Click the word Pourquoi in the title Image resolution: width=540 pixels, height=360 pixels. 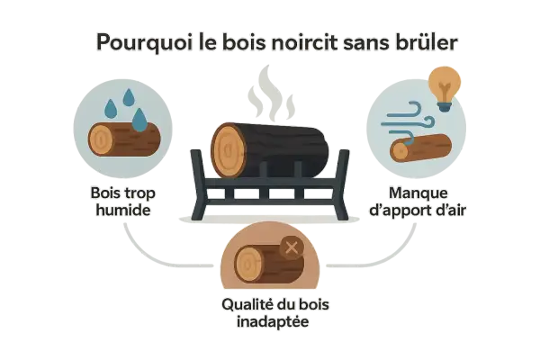144,43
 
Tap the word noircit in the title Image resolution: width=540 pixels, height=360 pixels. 302,42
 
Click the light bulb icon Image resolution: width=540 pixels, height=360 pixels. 445,89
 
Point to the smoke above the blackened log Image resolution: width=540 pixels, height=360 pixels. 271,93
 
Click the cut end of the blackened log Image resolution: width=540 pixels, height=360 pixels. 229,150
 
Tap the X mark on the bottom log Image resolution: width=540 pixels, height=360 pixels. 292,247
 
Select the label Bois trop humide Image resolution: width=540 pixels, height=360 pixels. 123,202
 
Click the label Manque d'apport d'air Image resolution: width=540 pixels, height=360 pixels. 418,202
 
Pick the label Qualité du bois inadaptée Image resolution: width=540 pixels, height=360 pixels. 274,313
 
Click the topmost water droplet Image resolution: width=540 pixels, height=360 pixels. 129,97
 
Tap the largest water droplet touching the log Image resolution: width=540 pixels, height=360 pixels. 139,120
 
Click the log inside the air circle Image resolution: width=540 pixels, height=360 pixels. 421,148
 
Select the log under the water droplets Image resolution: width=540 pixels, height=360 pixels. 124,139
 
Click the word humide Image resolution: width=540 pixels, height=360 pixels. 123,210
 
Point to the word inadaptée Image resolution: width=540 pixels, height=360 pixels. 273,322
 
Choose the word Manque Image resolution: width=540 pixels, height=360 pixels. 418,193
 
